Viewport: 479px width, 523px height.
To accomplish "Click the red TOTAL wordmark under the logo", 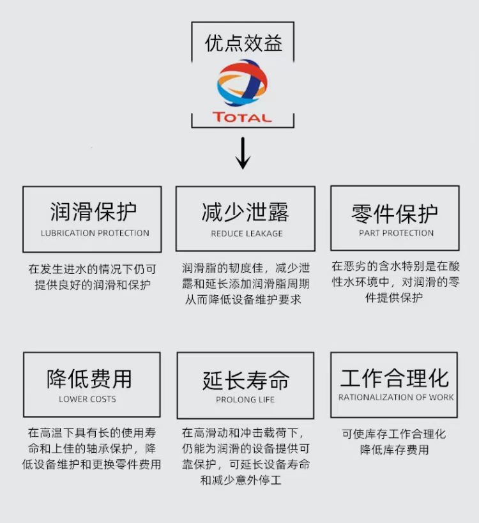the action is tap(242, 117).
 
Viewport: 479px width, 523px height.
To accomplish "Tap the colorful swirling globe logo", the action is tap(242, 83).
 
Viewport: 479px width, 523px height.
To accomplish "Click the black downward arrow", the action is tap(243, 153).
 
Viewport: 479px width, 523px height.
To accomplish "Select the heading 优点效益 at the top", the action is tap(243, 43).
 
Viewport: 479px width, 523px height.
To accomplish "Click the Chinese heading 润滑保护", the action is tap(93, 211).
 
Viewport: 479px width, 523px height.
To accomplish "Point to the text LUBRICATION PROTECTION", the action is tap(95, 233).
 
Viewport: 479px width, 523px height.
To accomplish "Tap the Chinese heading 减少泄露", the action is tap(245, 212).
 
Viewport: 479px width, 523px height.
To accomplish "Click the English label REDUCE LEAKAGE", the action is tap(247, 234).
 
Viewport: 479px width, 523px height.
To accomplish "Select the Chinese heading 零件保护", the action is tap(395, 214).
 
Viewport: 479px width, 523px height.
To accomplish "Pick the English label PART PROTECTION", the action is tap(396, 233).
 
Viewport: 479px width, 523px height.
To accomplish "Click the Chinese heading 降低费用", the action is tap(89, 379).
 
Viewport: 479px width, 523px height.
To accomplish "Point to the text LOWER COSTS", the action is tap(87, 399).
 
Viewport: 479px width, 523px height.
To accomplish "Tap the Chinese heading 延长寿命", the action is tap(246, 381).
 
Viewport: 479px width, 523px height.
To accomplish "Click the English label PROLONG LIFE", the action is tap(245, 400).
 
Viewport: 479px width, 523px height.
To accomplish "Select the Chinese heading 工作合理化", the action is tap(395, 378).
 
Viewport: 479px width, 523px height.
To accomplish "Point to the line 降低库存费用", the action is tap(394, 450).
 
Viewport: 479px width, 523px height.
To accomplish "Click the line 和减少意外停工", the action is tap(241, 480).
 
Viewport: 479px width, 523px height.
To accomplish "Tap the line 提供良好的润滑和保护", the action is tap(93, 285).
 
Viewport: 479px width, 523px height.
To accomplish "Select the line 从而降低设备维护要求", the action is tap(243, 299).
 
